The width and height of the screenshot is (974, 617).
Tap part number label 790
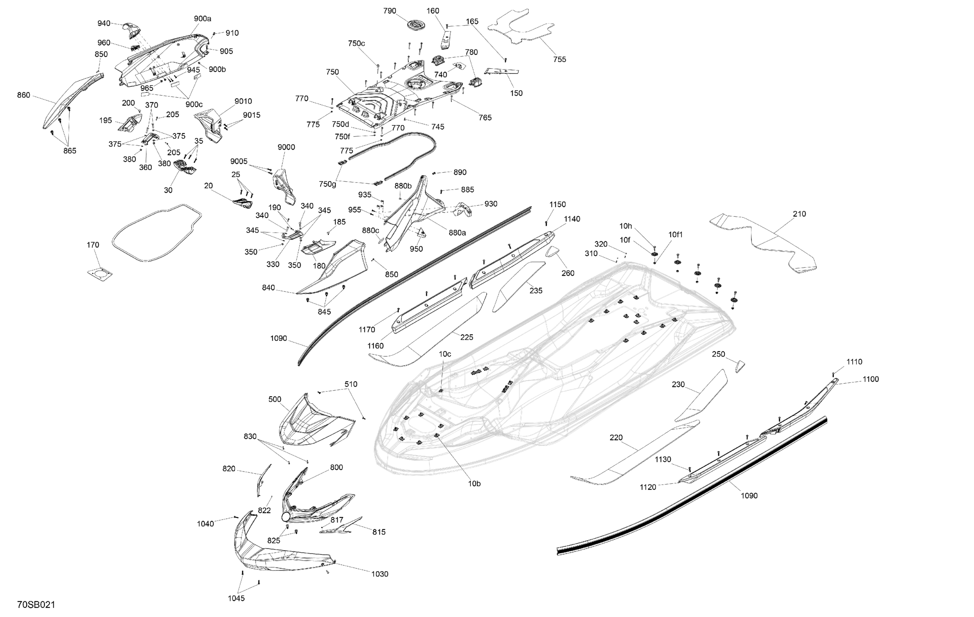point(390,11)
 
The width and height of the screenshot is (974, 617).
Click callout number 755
point(559,59)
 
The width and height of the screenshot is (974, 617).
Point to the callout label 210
point(799,214)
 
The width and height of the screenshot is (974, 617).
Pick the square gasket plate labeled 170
point(99,274)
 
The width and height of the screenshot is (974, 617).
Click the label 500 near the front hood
point(275,399)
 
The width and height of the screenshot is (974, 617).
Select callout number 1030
point(380,574)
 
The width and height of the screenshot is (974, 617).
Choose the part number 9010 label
point(243,102)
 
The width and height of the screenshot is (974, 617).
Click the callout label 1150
point(557,204)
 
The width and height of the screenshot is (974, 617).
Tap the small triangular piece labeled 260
point(552,252)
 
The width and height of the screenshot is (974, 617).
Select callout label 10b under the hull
point(474,483)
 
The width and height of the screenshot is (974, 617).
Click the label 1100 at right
point(870,379)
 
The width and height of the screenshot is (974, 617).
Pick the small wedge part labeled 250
point(740,366)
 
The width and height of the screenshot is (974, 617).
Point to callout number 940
point(104,23)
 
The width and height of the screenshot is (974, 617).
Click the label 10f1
point(675,235)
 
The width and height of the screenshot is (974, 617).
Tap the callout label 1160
point(375,346)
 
